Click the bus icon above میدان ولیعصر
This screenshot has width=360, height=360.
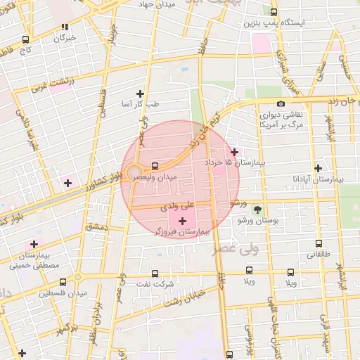click(x=154, y=167)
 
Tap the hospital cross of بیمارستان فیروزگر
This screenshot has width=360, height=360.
click(x=182, y=221)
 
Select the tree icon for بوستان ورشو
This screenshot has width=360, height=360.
click(x=257, y=210)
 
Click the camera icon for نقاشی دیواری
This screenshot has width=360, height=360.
click(x=281, y=103)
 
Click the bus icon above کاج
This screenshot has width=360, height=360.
click(x=26, y=39)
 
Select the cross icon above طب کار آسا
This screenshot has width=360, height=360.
click(x=140, y=93)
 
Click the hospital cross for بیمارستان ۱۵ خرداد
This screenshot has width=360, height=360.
click(x=234, y=152)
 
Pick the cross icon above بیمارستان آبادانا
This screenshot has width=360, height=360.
click(x=319, y=168)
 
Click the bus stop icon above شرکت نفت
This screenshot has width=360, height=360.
click(x=155, y=274)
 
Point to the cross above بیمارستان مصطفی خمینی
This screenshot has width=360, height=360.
click(x=34, y=244)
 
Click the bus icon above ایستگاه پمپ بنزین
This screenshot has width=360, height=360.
click(x=274, y=13)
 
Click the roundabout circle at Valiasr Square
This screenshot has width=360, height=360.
click(x=134, y=172)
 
